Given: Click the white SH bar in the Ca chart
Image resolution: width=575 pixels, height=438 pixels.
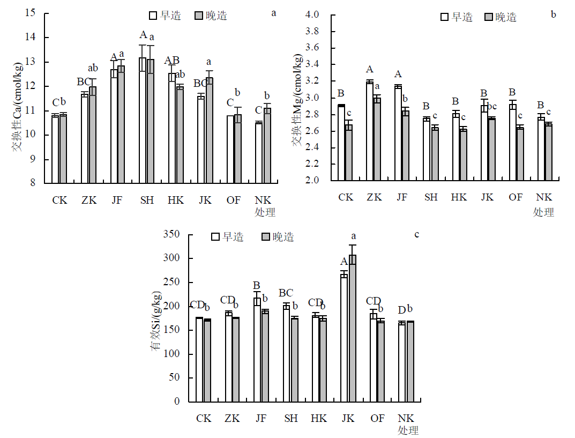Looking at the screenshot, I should click(143, 120).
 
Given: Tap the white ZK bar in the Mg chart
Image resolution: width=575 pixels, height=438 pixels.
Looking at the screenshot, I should click(370, 131).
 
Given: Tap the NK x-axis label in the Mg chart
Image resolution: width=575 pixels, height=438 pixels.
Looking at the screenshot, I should click(544, 197).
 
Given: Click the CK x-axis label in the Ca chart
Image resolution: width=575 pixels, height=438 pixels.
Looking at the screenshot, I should click(59, 201).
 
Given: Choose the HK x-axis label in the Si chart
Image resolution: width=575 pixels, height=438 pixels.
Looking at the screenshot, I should click(319, 419).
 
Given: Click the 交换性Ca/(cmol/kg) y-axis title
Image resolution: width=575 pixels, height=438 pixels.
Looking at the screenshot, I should click(18, 107).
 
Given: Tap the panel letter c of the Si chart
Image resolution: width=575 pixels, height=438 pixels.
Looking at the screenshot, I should click(417, 234).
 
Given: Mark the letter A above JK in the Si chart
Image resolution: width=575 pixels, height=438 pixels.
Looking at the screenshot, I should click(344, 262).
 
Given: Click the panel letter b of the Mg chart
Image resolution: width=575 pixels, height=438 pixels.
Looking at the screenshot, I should click(554, 14).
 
